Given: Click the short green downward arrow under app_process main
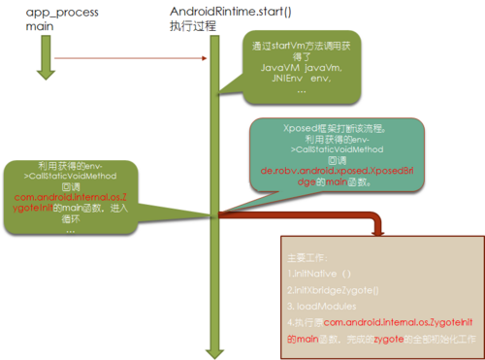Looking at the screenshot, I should (x=42, y=59).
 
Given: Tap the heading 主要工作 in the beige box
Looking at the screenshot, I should (x=308, y=258).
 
